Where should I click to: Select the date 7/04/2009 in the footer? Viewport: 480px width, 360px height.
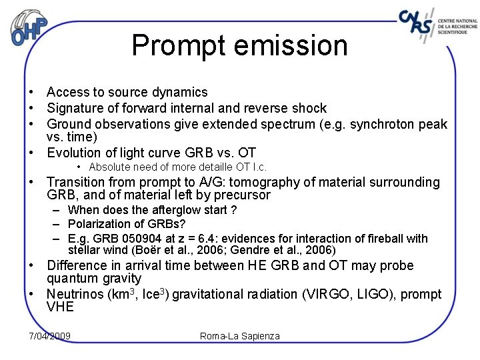tap(50, 335)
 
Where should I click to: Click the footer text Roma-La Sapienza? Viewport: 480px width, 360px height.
tap(240, 335)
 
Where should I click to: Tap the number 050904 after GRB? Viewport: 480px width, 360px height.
tap(137, 239)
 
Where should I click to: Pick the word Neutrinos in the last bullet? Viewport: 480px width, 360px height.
tap(75, 294)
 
